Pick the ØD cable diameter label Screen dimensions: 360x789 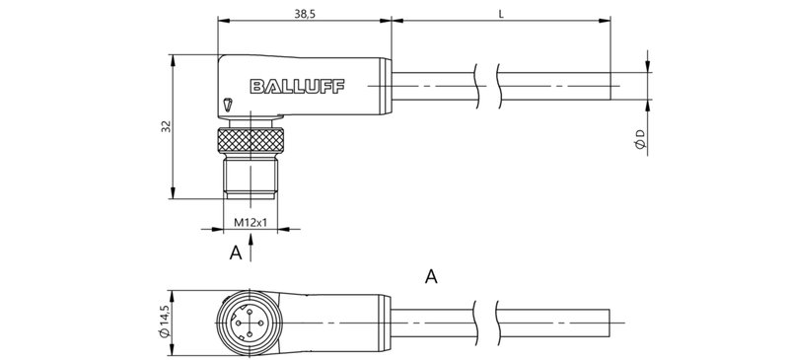tap(640, 138)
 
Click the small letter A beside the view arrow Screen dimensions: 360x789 tap(235, 253)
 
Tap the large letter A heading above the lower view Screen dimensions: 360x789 tap(431, 276)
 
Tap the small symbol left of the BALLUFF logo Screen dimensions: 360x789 tap(229, 103)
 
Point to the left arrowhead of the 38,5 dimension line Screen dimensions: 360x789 tap(220, 20)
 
